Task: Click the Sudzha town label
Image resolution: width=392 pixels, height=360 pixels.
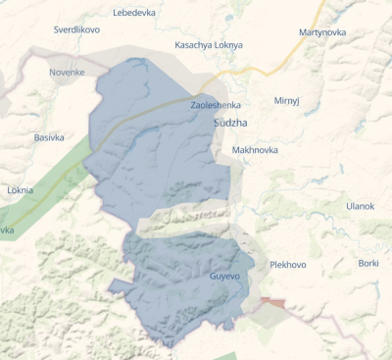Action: [231, 123]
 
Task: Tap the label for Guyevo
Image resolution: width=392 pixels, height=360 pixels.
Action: [224, 276]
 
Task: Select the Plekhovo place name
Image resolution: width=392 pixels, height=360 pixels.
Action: [288, 265]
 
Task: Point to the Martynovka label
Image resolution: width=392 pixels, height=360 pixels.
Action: [323, 33]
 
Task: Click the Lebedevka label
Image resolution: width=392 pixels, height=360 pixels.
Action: [134, 13]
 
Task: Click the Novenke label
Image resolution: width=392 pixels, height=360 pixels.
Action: [67, 72]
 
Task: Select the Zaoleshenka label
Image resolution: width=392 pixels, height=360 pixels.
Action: [216, 104]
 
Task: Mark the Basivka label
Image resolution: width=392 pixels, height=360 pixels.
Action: [49, 137]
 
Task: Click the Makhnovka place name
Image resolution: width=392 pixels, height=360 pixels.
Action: [255, 150]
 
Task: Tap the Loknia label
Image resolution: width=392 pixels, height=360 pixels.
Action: [20, 189]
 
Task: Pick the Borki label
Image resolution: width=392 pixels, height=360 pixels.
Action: [368, 263]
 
